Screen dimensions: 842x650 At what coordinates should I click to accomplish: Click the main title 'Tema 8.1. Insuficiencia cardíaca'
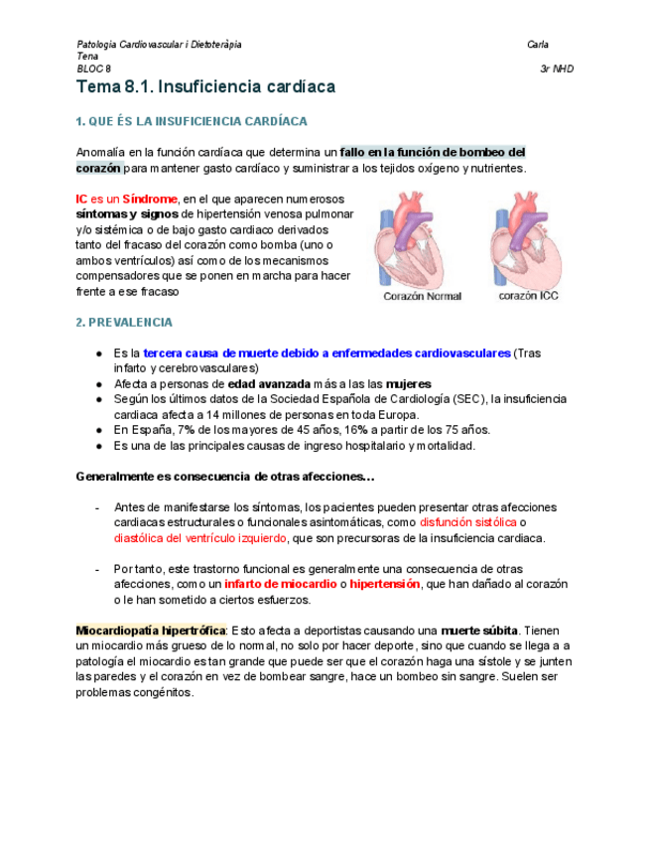click(x=205, y=87)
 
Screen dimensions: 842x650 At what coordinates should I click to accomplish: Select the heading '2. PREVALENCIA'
click(x=124, y=323)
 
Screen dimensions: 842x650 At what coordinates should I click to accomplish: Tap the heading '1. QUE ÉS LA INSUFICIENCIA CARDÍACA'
click(x=192, y=121)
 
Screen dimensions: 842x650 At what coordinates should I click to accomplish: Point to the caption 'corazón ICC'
click(x=529, y=295)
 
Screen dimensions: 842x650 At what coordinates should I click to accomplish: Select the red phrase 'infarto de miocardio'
click(x=279, y=585)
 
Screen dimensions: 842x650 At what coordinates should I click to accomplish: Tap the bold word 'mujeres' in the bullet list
click(x=409, y=383)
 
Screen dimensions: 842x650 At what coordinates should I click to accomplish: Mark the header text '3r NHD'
click(x=557, y=70)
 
